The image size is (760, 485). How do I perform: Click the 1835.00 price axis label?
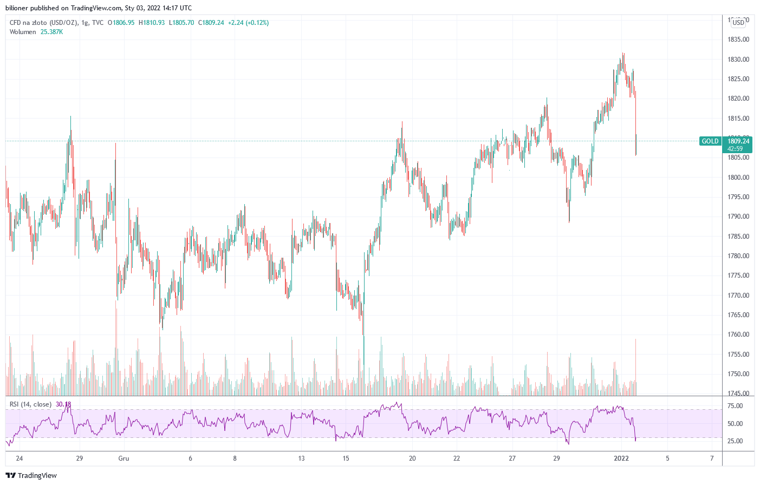738,40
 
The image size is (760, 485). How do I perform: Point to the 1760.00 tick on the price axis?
738,335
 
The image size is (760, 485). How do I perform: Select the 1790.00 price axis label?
738,217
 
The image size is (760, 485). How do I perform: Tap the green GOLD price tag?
710,141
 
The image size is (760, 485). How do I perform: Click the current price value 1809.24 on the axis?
738,141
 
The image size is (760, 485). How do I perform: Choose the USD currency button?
738,23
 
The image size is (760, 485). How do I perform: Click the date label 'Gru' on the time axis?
124,458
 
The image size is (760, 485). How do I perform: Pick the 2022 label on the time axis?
621,458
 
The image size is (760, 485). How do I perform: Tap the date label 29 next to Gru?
80,458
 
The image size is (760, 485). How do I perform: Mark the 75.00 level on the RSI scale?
735,406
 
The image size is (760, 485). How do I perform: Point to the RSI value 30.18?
63,404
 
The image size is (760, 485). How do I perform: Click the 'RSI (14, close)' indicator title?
31,404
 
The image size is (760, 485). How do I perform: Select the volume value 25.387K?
51,32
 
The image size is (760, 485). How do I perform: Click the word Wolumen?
23,32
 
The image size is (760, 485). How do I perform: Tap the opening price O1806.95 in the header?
121,23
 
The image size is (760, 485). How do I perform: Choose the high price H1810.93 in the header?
152,23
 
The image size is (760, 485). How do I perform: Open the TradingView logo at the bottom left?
31,475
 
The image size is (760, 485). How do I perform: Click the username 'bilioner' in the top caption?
17,8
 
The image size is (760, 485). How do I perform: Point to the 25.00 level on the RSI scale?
735,441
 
